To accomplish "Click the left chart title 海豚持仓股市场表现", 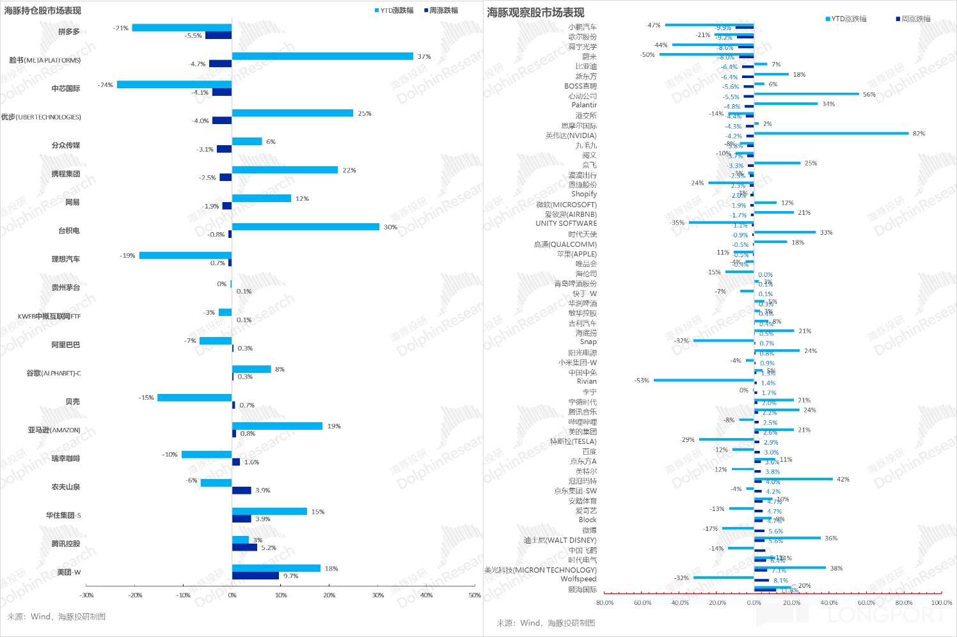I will tap(43, 11).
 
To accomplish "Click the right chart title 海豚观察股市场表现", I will tap(535, 13).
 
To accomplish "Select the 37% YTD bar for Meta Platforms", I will tap(322, 56).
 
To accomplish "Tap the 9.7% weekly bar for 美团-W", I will tap(255, 576).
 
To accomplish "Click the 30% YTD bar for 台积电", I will tap(306, 227).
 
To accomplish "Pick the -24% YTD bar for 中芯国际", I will tap(174, 84).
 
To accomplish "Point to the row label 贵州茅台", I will tap(66, 288).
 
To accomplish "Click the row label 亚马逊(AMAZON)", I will tap(54, 430).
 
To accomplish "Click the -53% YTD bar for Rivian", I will tap(704, 381).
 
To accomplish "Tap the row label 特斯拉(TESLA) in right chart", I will tap(573, 441).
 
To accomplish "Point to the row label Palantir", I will tap(584, 105).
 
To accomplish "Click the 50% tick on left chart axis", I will tap(475, 595).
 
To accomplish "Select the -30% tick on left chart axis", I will tap(86, 595).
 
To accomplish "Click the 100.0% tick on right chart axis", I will tap(941, 602).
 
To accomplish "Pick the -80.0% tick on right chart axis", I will tap(605, 602).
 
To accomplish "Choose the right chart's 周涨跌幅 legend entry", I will tap(915, 19).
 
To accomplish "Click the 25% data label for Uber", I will tap(365, 114).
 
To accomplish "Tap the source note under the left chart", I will tap(56, 617).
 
